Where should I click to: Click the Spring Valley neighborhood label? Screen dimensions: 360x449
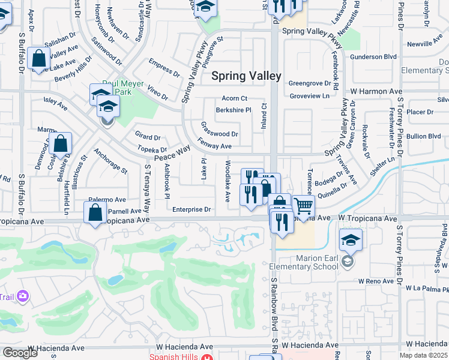click(x=246, y=76)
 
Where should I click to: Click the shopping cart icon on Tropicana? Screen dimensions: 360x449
click(x=304, y=206)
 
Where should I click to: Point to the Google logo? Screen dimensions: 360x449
click(x=20, y=353)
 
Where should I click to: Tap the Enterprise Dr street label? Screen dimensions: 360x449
click(x=191, y=209)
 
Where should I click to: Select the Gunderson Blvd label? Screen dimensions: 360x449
click(x=376, y=56)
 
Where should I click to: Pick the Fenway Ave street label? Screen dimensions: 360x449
click(x=215, y=146)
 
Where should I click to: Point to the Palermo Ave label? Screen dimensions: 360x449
click(x=107, y=199)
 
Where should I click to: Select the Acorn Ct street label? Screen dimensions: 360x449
click(x=234, y=98)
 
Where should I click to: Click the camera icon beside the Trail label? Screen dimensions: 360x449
click(x=23, y=295)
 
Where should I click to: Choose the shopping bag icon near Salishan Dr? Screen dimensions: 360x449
click(x=38, y=59)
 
